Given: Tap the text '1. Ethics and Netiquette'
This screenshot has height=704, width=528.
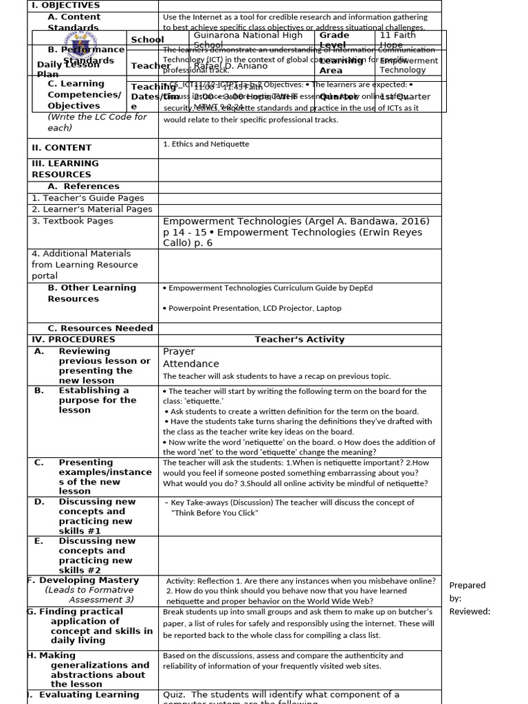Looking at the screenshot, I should click(206, 144).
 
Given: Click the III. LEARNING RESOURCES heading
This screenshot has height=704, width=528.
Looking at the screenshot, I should click(65, 169).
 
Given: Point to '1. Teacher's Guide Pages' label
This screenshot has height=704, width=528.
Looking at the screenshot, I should click(88, 198).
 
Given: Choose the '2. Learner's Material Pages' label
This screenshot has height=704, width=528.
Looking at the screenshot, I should click(92, 209).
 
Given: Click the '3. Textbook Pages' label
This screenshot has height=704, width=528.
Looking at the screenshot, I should click(72, 221).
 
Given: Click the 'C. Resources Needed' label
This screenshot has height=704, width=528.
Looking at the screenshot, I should click(100, 329).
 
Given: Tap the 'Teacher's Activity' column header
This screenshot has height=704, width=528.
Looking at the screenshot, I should click(300, 340).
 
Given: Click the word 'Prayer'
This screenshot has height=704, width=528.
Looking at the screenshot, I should click(179, 352).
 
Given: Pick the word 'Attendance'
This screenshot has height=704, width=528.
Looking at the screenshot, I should click(191, 364).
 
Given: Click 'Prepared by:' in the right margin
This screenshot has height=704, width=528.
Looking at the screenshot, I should click(467, 591).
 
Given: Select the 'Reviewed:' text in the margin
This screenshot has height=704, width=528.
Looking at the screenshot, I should click(470, 612).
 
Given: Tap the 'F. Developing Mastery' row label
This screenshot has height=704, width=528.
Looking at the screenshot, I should click(84, 580).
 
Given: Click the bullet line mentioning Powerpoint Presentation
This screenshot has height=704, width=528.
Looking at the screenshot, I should click(252, 309).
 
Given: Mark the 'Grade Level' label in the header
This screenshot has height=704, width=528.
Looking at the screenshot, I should click(334, 40).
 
